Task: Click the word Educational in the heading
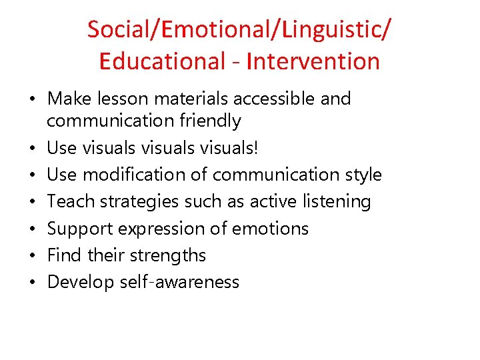pyautogui.click(x=162, y=61)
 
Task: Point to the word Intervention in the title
pyautogui.click(x=313, y=61)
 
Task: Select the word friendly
pyautogui.click(x=207, y=121)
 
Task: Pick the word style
pyautogui.click(x=360, y=175)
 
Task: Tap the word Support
pyautogui.click(x=80, y=229)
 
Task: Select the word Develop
pyautogui.click(x=81, y=282)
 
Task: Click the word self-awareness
pyautogui.click(x=179, y=282)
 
